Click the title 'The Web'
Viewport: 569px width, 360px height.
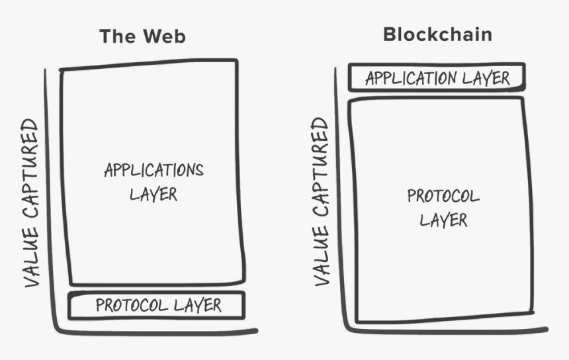coord(142,36)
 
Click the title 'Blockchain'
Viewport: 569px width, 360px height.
coord(437,34)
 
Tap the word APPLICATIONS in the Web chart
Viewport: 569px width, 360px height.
coord(153,170)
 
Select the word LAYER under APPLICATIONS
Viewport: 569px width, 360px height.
coord(153,195)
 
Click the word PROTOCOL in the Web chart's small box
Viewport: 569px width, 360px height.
coord(132,305)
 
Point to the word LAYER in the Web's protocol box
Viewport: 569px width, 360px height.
coord(197,305)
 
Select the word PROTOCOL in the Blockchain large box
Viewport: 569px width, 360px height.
coord(443,196)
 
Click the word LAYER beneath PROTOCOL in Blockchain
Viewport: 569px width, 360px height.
coord(443,220)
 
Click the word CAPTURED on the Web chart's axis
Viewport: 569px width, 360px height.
coord(31,169)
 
